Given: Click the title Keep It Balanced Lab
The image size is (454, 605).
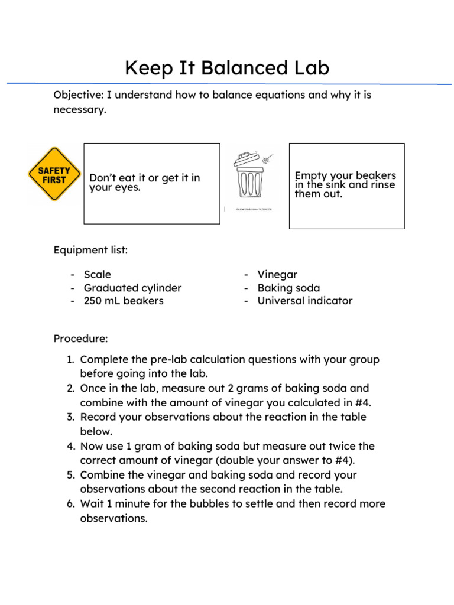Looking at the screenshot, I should pos(227,68).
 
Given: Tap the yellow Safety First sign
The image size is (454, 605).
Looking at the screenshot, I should pos(54,174).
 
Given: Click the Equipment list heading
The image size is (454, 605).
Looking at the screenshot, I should pos(90,250).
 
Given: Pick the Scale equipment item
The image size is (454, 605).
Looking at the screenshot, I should pos(97,275).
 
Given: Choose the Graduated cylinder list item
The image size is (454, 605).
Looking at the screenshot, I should pos(132,288).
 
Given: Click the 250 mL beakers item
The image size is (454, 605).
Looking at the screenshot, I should pos(124,301).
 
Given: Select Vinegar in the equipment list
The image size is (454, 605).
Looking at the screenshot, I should pos(277,275).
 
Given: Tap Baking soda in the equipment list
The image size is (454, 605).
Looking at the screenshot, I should pos(288,288).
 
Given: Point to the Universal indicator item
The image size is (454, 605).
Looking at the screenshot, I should pos(304,301).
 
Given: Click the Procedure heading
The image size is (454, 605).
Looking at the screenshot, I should pos(81,339).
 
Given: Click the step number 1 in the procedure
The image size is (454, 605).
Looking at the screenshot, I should pos(69,360).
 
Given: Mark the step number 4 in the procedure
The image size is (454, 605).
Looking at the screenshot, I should pos(70,447).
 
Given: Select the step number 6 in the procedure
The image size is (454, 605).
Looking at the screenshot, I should pos(70,504).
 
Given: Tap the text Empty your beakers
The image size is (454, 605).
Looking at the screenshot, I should pos(345,176).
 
